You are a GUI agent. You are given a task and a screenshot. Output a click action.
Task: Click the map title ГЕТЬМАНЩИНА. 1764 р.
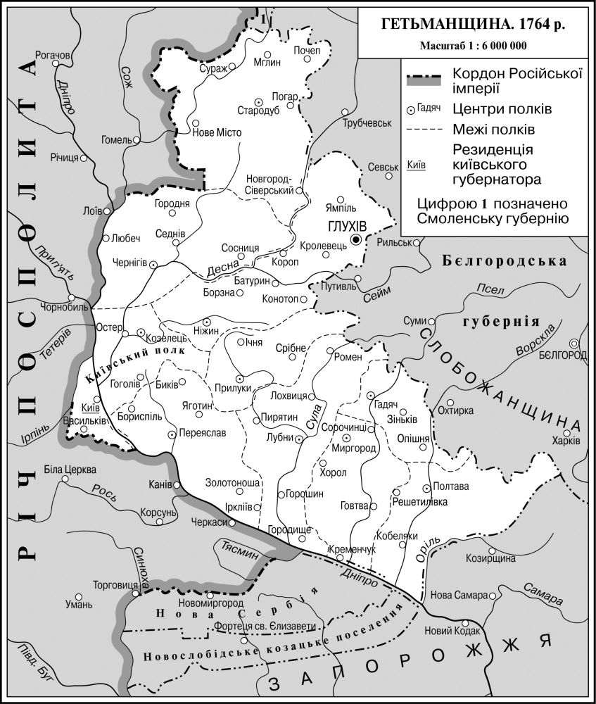click(473, 24)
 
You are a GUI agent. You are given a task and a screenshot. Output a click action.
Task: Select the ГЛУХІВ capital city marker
click(357, 240)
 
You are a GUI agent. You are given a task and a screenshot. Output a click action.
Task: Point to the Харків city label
click(566, 441)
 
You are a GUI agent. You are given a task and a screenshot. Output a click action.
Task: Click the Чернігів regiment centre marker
click(153, 263)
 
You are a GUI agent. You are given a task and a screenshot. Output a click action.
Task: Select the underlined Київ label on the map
click(89, 408)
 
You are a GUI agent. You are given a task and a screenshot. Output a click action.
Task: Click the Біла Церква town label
click(70, 470)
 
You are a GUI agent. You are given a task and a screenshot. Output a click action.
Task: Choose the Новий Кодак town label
click(450, 631)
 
